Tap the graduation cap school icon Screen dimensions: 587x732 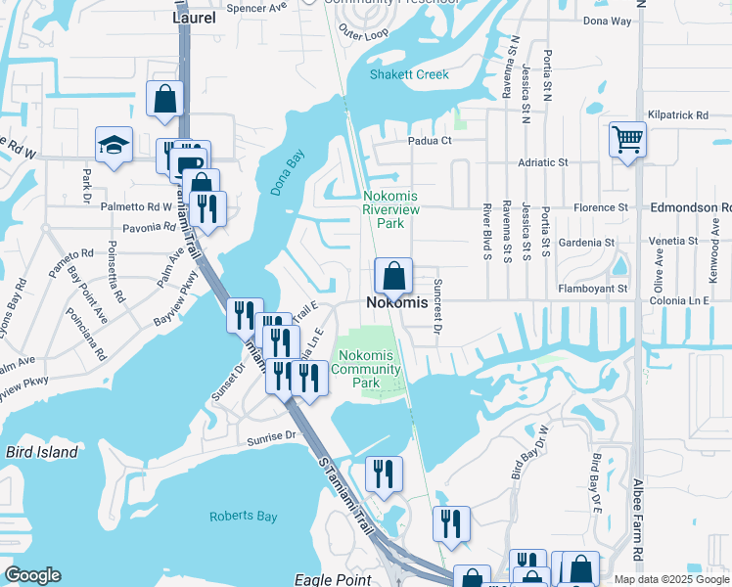pyautogui.click(x=114, y=145)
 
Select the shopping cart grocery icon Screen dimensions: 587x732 pyautogui.click(x=627, y=138)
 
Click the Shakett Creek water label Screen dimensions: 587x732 pyautogui.click(x=409, y=74)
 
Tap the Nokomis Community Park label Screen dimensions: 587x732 pyautogui.click(x=366, y=369)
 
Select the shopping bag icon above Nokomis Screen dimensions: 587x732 pyautogui.click(x=393, y=276)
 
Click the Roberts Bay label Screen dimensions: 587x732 pyautogui.click(x=244, y=517)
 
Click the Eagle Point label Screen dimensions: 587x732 pyautogui.click(x=333, y=579)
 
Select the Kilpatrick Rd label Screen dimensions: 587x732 pyautogui.click(x=676, y=115)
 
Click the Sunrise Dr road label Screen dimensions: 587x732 pyautogui.click(x=271, y=437)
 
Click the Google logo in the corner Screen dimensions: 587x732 pyautogui.click(x=33, y=575)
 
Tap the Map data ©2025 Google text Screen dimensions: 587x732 pyautogui.click(x=671, y=579)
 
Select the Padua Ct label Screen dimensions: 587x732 pyautogui.click(x=430, y=140)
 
